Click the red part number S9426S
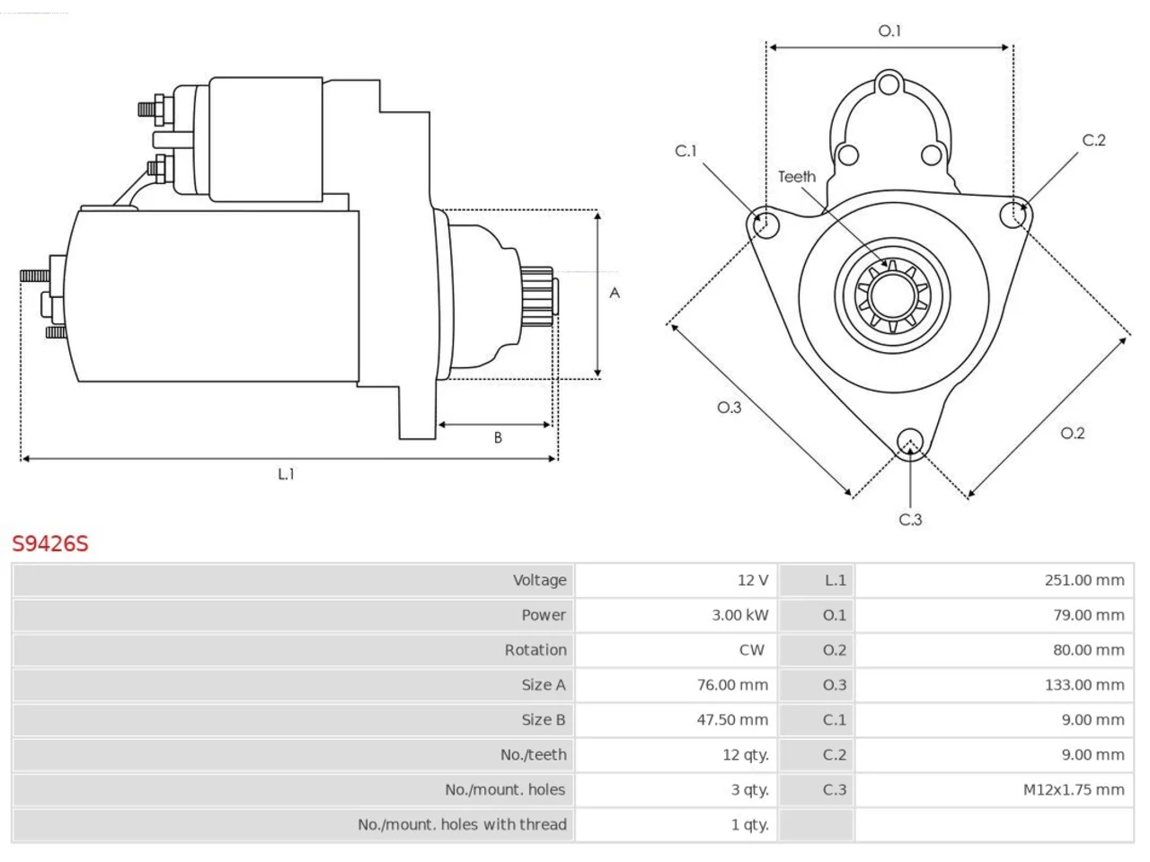pos(50,544)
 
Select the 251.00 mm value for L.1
pos(1084,580)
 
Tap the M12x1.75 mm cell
pos(1074,789)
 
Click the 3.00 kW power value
pos(739,615)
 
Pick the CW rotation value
pos(752,650)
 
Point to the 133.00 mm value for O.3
pos(1084,684)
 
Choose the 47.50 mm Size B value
pos(732,719)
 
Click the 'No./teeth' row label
pos(534,755)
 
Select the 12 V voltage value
pos(753,580)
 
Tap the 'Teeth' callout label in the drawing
pos(797,177)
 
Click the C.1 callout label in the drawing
pos(686,151)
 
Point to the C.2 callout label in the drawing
pos(1094,140)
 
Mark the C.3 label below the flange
pos(910,520)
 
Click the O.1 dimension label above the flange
pos(889,31)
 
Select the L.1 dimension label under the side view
pos(286,474)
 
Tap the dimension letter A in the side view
pos(615,293)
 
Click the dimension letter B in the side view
pos(498,437)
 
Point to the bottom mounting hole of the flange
pos(910,443)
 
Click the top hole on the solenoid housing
pos(889,84)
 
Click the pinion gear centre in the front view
pos(892,295)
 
